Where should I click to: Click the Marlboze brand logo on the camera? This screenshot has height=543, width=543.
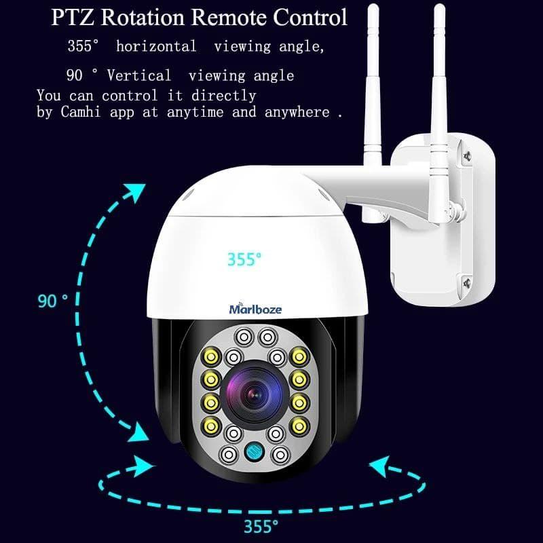tap(255, 308)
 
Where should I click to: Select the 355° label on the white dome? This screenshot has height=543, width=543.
tap(244, 259)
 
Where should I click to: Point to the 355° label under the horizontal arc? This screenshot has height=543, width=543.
tap(261, 526)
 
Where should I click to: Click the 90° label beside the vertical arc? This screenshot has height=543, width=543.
tap(53, 301)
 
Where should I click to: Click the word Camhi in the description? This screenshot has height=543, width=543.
tap(80, 112)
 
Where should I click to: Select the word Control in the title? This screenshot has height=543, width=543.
tap(310, 17)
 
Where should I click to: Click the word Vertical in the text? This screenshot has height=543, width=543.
tap(139, 75)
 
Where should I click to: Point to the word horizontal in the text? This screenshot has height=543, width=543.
tap(156, 46)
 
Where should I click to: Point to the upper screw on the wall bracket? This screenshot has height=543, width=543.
tap(467, 156)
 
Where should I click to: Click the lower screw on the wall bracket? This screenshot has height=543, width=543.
tap(467, 284)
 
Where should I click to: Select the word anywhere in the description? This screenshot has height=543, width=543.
tap(297, 112)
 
